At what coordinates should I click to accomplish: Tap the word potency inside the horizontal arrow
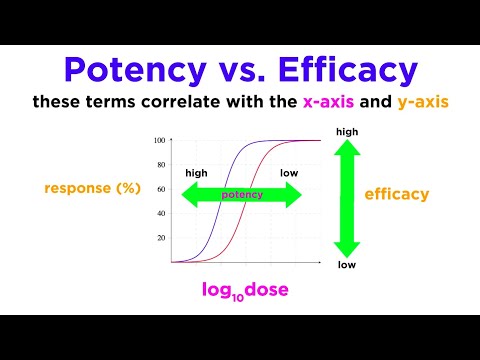tap(242, 195)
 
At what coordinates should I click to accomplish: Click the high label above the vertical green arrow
tap(348, 130)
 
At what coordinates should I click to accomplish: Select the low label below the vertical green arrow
tap(347, 266)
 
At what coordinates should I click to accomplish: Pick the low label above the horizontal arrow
tap(289, 173)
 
